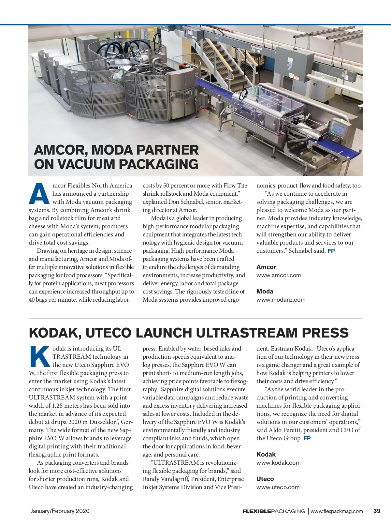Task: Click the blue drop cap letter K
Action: click(40, 356)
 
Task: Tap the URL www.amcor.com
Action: click(278, 275)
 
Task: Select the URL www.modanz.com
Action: click(281, 300)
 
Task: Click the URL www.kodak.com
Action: click(278, 463)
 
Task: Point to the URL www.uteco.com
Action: click(278, 487)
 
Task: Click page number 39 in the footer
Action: click(377, 511)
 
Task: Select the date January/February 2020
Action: click(60, 511)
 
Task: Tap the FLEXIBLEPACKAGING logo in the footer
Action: click(274, 511)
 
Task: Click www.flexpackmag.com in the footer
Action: click(337, 511)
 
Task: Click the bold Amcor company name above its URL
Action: click(266, 267)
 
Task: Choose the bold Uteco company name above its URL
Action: click(265, 479)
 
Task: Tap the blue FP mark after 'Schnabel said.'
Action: click(331, 251)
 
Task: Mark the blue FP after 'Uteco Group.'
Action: click(307, 439)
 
